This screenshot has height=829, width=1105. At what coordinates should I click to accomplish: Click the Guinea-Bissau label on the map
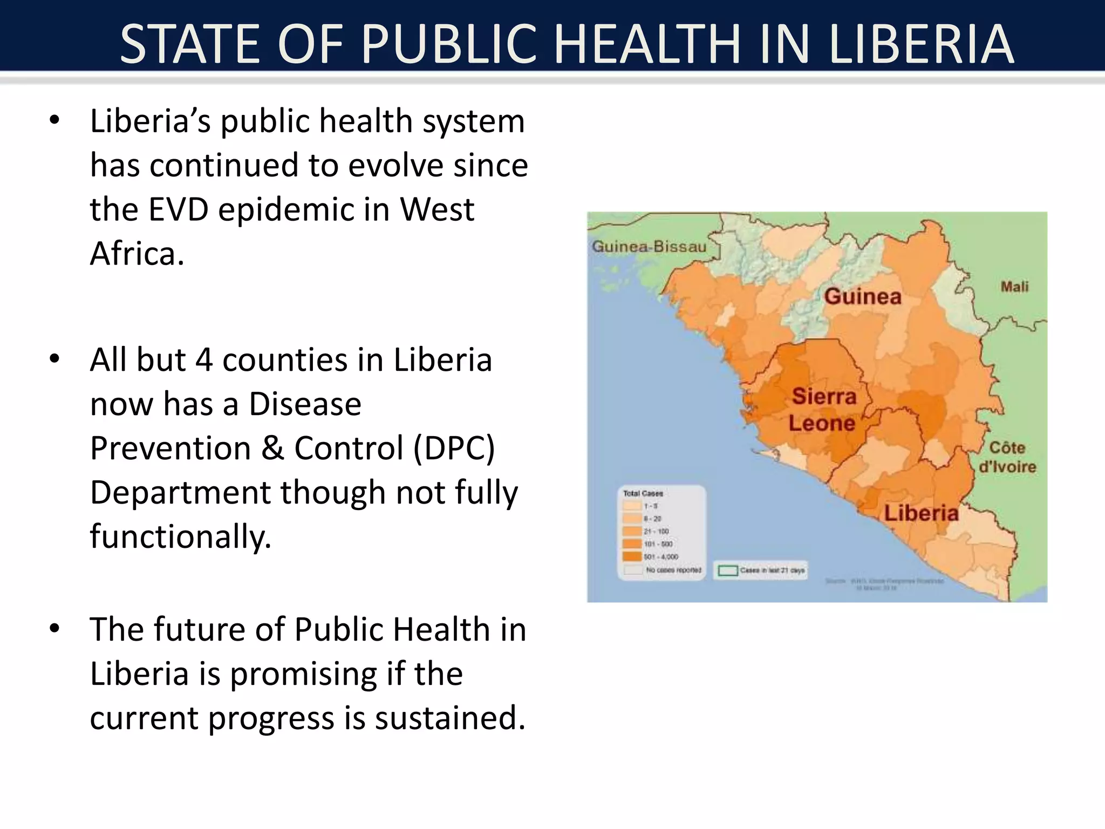[649, 247]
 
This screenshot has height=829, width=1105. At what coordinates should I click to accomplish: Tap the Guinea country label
[863, 296]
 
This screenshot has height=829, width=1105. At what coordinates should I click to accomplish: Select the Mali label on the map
[1014, 287]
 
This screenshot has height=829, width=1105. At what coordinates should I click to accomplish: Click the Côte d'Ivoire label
[1007, 457]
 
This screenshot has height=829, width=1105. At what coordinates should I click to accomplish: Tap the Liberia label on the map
[921, 513]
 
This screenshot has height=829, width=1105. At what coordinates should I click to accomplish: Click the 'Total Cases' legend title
[643, 493]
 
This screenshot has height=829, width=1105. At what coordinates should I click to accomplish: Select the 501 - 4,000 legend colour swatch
[632, 556]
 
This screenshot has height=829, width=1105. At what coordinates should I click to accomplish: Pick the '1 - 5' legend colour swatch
[632, 506]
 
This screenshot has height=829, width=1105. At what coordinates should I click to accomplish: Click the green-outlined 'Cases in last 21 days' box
[728, 570]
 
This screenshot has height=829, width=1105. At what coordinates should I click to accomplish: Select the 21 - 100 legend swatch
[632, 532]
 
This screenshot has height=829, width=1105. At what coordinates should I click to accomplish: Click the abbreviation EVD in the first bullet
[178, 209]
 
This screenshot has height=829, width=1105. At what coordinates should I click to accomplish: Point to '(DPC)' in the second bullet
[454, 448]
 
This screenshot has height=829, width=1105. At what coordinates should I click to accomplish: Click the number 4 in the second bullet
[203, 360]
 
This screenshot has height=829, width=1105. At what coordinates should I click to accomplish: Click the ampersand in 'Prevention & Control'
[273, 448]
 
